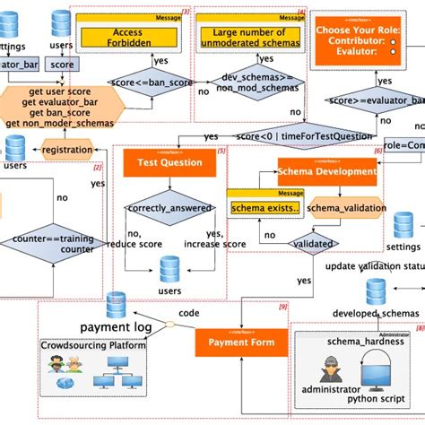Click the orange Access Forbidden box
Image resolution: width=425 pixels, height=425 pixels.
tap(133, 38)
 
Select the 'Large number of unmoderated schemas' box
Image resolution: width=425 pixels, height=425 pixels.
tap(250, 38)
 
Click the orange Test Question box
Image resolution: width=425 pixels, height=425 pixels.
tap(162, 162)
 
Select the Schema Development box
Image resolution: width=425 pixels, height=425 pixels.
tap(326, 172)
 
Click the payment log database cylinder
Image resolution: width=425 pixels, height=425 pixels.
tap(116, 306)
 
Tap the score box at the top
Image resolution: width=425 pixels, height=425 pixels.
tap(60, 65)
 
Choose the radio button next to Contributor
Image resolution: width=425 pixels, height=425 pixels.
tap(393, 41)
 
